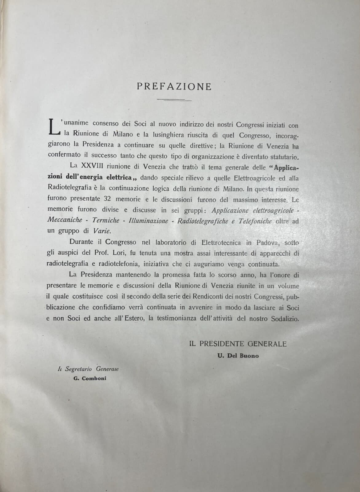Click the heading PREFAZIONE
pyautogui.click(x=174, y=87)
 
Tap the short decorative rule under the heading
pyautogui.click(x=174, y=100)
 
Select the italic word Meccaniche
pyautogui.click(x=65, y=220)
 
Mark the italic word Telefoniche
pyautogui.click(x=253, y=221)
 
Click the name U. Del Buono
pyautogui.click(x=238, y=356)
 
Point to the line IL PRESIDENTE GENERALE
pyautogui.click(x=238, y=344)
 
